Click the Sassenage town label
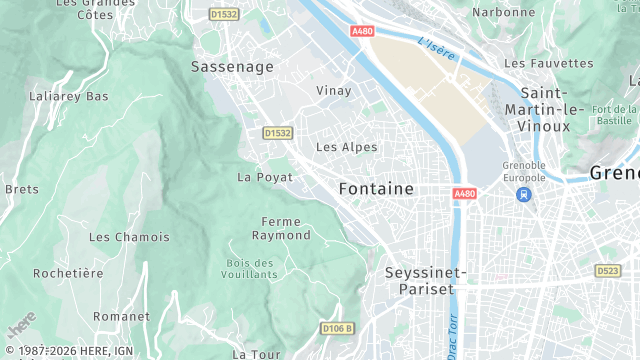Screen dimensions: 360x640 click(232, 66)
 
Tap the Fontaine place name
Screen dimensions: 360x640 click(376, 188)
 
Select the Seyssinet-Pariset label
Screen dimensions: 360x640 click(426, 280)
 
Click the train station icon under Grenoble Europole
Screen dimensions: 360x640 click(525, 195)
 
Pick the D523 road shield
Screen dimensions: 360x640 click(608, 271)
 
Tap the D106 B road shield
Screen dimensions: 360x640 click(338, 328)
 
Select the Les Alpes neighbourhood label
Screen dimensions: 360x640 click(346, 147)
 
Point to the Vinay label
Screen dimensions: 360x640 click(334, 91)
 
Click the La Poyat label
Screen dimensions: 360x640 click(265, 177)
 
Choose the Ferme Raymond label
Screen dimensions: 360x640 click(282, 228)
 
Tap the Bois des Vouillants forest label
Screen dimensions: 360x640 click(251, 267)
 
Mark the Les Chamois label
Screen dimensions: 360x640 click(129, 237)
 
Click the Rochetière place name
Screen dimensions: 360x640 click(68, 273)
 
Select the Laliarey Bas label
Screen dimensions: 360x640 click(69, 97)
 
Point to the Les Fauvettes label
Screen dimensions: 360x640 click(549, 63)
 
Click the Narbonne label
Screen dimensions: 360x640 click(503, 12)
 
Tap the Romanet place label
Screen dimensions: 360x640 click(121, 316)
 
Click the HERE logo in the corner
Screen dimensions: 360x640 click(21, 323)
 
